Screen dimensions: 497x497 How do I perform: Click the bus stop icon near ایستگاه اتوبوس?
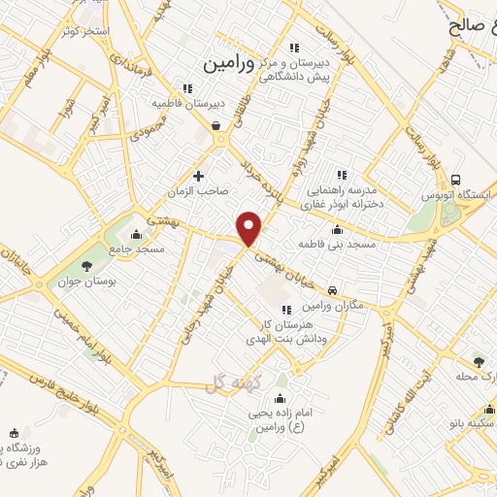(x=456, y=180)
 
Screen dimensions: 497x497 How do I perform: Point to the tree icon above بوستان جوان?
(x=87, y=265)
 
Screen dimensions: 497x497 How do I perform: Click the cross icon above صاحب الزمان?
(x=199, y=176)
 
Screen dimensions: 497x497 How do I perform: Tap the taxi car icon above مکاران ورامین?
(x=333, y=290)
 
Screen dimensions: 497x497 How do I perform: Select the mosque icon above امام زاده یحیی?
(x=281, y=399)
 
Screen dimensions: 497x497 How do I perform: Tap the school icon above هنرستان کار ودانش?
(x=284, y=310)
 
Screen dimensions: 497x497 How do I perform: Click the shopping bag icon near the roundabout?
(x=215, y=125)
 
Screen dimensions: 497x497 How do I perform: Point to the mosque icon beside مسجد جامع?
(x=135, y=234)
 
